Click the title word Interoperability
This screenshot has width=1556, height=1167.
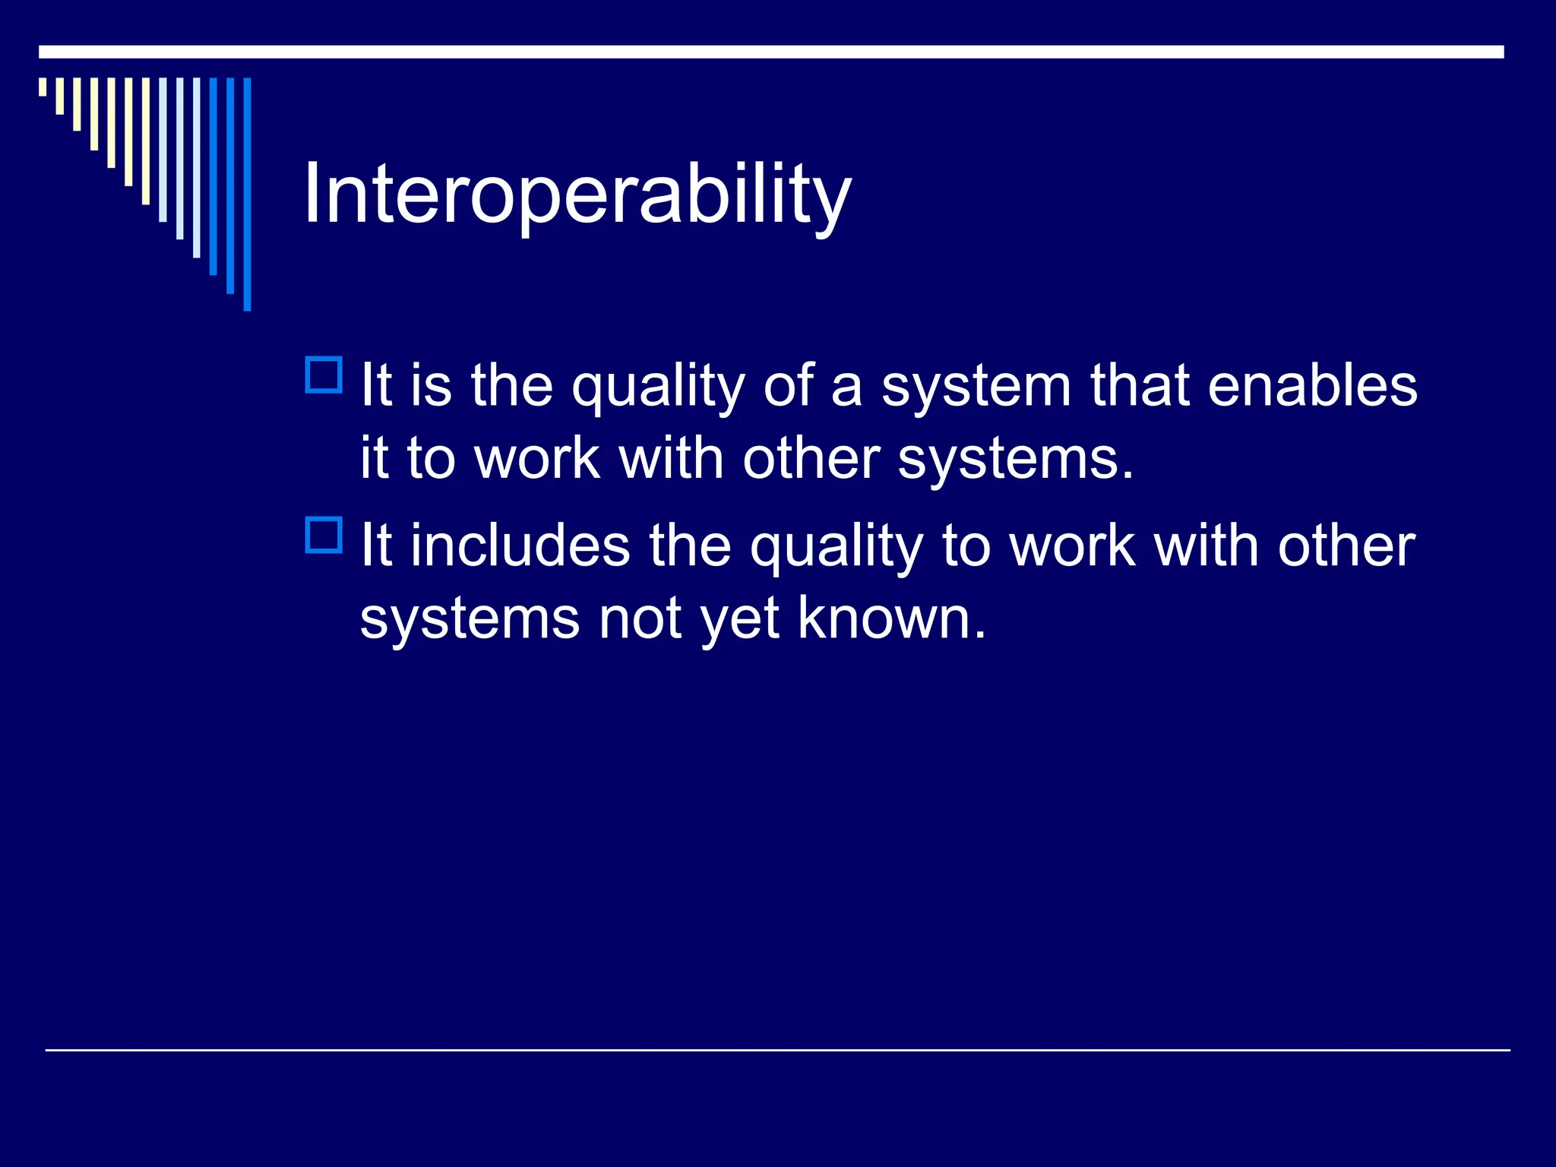click(x=577, y=195)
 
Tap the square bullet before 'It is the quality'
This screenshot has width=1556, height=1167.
click(x=324, y=375)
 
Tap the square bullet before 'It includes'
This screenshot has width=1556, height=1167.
click(x=324, y=535)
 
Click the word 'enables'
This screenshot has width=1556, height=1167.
click(x=1312, y=386)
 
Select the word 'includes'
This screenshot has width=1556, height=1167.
click(x=520, y=546)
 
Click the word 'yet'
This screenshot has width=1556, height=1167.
click(x=739, y=620)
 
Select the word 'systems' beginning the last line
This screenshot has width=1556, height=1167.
click(x=470, y=620)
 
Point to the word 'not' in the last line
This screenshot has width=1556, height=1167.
click(x=640, y=618)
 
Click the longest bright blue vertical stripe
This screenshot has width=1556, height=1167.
click(x=247, y=194)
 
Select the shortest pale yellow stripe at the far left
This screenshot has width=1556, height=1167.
click(x=43, y=87)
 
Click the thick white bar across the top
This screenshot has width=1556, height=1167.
click(x=770, y=52)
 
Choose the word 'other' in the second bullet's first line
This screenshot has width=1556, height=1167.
click(x=1346, y=546)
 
